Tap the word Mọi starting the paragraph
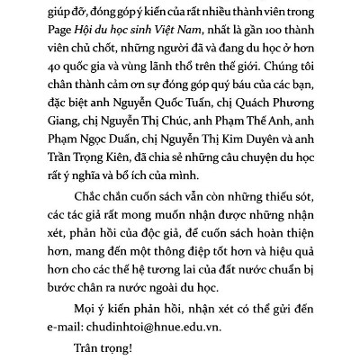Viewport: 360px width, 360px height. click(x=81, y=308)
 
